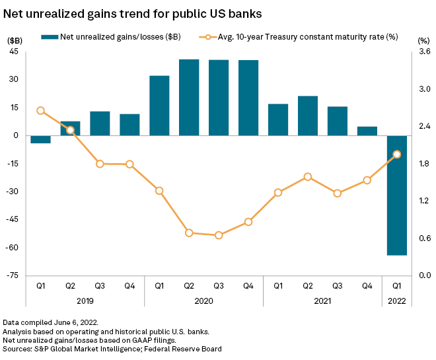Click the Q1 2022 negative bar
pyautogui.click(x=397, y=195)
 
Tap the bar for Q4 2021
pyautogui.click(x=367, y=131)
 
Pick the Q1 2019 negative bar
pyautogui.click(x=40, y=139)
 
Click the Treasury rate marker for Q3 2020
pyautogui.click(x=219, y=234)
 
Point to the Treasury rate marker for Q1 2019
pyautogui.click(x=40, y=110)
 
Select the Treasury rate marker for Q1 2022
pyautogui.click(x=397, y=155)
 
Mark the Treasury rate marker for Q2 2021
pyautogui.click(x=308, y=176)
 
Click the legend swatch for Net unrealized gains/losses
pyautogui.click(x=50, y=37)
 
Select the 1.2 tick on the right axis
pyautogui.click(x=424, y=201)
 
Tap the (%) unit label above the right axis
pyautogui.click(x=423, y=40)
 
